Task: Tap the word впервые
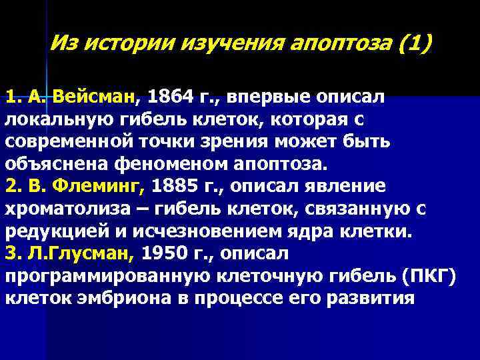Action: tap(261, 97)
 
